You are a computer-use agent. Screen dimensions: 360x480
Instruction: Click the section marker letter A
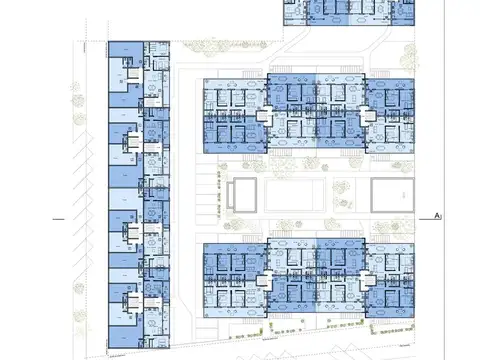pyautogui.click(x=438, y=215)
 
